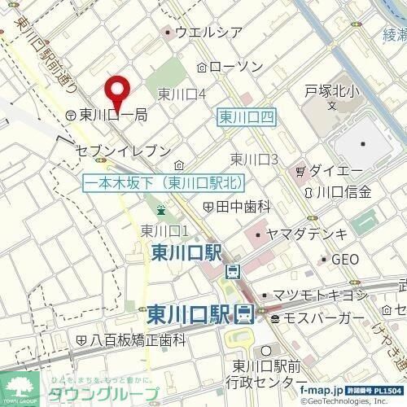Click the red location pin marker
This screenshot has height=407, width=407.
tap(120, 90)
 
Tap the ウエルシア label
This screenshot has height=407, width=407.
tap(209, 33)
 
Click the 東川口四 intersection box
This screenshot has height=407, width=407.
tap(248, 119)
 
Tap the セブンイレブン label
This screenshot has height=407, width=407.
tap(122, 151)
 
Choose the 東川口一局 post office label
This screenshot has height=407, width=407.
tap(112, 116)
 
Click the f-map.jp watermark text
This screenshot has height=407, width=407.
tap(323, 391)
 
